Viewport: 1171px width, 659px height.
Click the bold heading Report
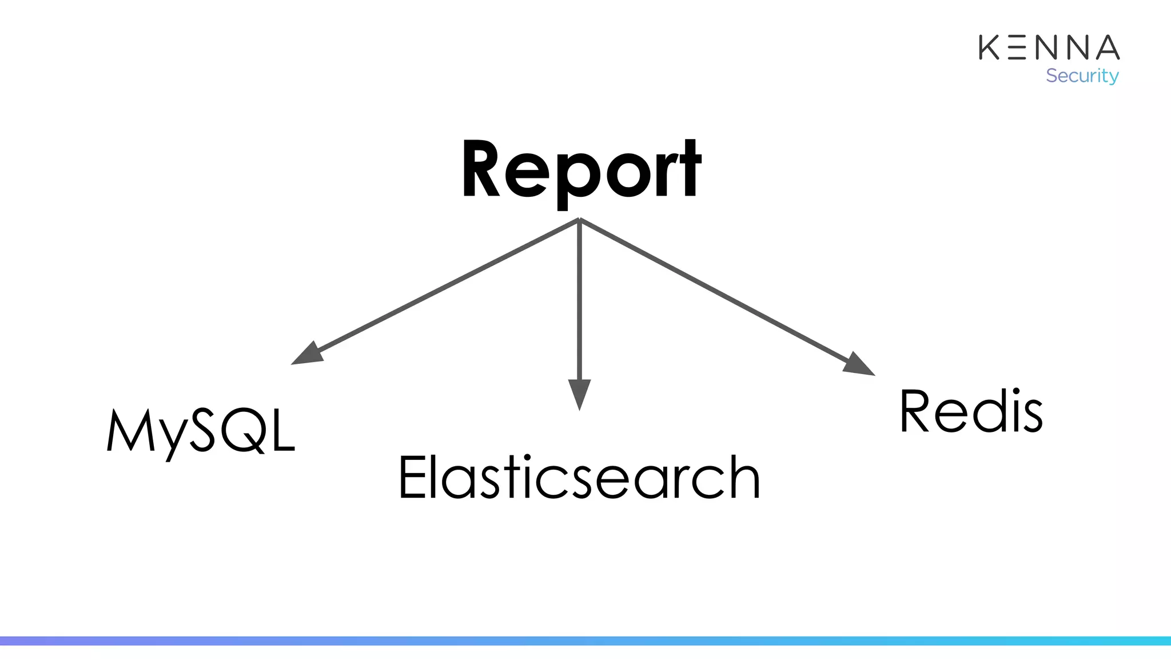pos(581,170)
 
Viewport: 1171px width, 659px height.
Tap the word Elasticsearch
pos(579,477)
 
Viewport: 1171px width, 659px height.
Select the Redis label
pos(971,412)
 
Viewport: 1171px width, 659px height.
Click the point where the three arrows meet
pos(579,220)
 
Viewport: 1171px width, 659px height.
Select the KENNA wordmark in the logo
pos(1049,47)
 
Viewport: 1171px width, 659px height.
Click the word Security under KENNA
pos(1082,76)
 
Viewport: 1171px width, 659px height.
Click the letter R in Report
pos(481,170)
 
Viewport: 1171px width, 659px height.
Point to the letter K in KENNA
pos(989,47)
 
